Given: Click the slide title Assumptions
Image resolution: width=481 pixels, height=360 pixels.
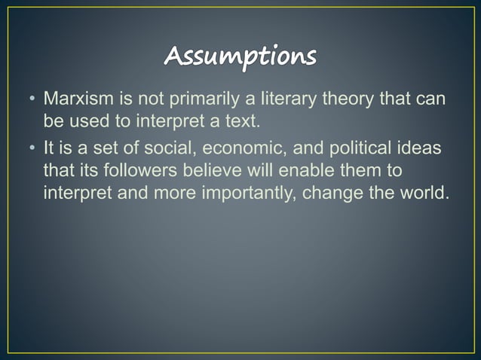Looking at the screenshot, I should [240, 56].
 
